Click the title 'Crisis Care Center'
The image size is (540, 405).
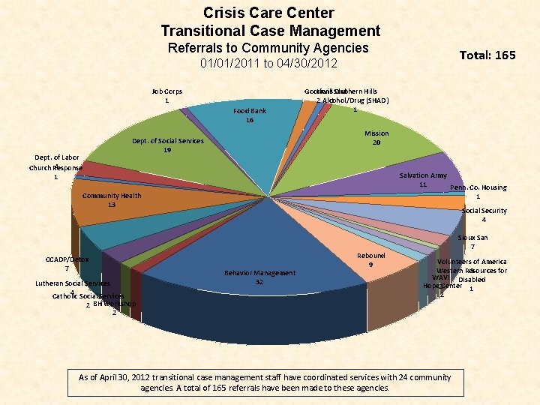(x=268, y=13)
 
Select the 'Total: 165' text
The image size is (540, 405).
(x=487, y=55)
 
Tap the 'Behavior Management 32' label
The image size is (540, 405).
(x=259, y=277)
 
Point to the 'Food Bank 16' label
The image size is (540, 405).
(x=249, y=115)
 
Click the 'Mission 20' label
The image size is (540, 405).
(x=376, y=138)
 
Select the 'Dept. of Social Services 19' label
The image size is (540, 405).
(x=167, y=145)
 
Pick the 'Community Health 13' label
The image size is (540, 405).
(x=112, y=200)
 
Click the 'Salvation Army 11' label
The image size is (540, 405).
(x=423, y=179)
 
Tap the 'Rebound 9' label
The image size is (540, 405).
(x=370, y=259)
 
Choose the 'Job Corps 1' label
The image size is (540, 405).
(x=166, y=96)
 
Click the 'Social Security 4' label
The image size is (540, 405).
(x=484, y=215)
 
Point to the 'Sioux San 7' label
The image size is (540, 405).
(x=472, y=242)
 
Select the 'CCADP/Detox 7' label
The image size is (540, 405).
(x=67, y=263)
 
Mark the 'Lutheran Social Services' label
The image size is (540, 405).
(x=73, y=283)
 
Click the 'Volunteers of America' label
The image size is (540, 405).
(x=472, y=262)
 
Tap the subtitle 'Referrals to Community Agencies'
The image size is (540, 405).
(x=268, y=48)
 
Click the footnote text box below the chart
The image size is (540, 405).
(x=265, y=382)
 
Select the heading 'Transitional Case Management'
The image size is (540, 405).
(x=270, y=31)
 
